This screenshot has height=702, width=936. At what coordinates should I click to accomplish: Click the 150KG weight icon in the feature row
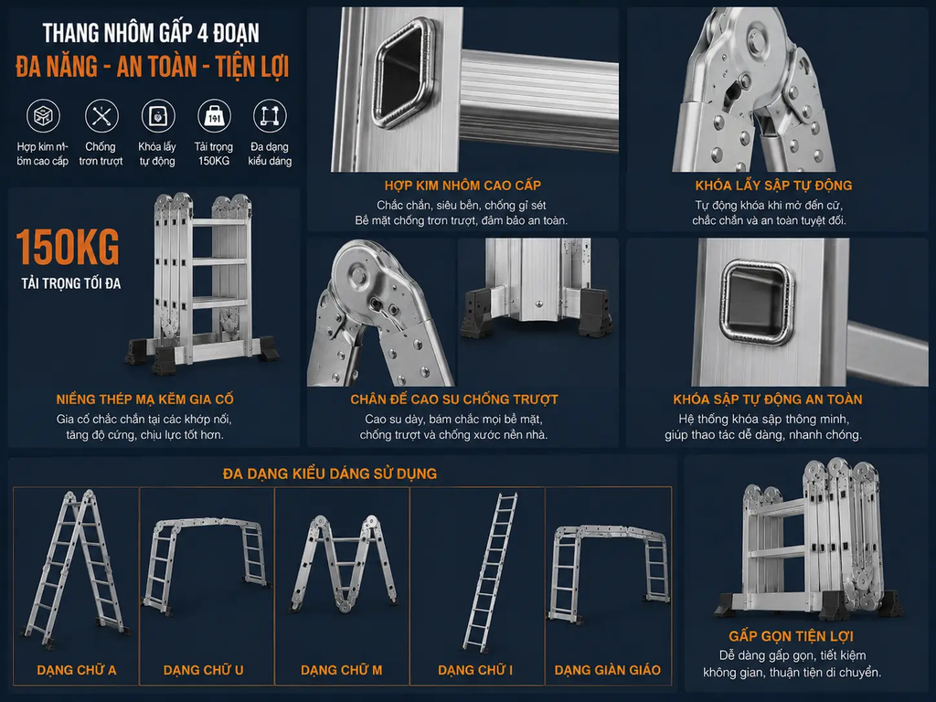pos(214,116)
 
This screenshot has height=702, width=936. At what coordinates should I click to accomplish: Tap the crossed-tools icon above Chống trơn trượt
pos(101,116)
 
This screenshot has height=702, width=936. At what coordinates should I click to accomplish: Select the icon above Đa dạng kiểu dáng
pos(270,116)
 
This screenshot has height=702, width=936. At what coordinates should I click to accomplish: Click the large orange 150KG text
pos(68,247)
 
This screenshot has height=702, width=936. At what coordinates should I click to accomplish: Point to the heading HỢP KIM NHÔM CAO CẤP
pos(463,186)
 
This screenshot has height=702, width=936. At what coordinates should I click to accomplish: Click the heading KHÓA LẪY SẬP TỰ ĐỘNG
pos(773,186)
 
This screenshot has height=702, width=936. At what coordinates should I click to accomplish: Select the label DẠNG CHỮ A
pos(77,670)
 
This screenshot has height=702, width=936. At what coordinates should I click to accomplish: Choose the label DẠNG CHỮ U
pos(204,670)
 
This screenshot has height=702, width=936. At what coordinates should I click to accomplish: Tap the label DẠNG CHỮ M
pos(342,670)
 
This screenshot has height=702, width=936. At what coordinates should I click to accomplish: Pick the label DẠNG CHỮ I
pos(475,670)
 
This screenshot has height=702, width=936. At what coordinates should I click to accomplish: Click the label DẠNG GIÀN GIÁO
pos(608,670)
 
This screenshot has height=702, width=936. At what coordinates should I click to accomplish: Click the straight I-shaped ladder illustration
pos(490,572)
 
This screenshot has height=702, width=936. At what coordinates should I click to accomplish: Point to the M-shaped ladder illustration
pos(344,564)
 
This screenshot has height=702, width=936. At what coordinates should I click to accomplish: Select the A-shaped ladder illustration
pos(75,570)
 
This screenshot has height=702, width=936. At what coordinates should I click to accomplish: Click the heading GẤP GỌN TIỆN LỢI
pos(791,636)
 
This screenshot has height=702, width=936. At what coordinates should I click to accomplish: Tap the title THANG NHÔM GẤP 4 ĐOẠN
pos(151,34)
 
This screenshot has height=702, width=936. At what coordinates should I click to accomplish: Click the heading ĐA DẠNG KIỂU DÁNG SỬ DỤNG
pos(329,474)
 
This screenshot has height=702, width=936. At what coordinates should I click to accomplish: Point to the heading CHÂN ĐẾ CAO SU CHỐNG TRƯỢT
pos(454,399)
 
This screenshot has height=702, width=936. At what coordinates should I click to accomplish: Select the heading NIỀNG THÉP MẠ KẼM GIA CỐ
pos(145,399)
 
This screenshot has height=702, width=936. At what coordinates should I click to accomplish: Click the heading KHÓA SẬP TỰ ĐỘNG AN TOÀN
pos(768,399)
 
